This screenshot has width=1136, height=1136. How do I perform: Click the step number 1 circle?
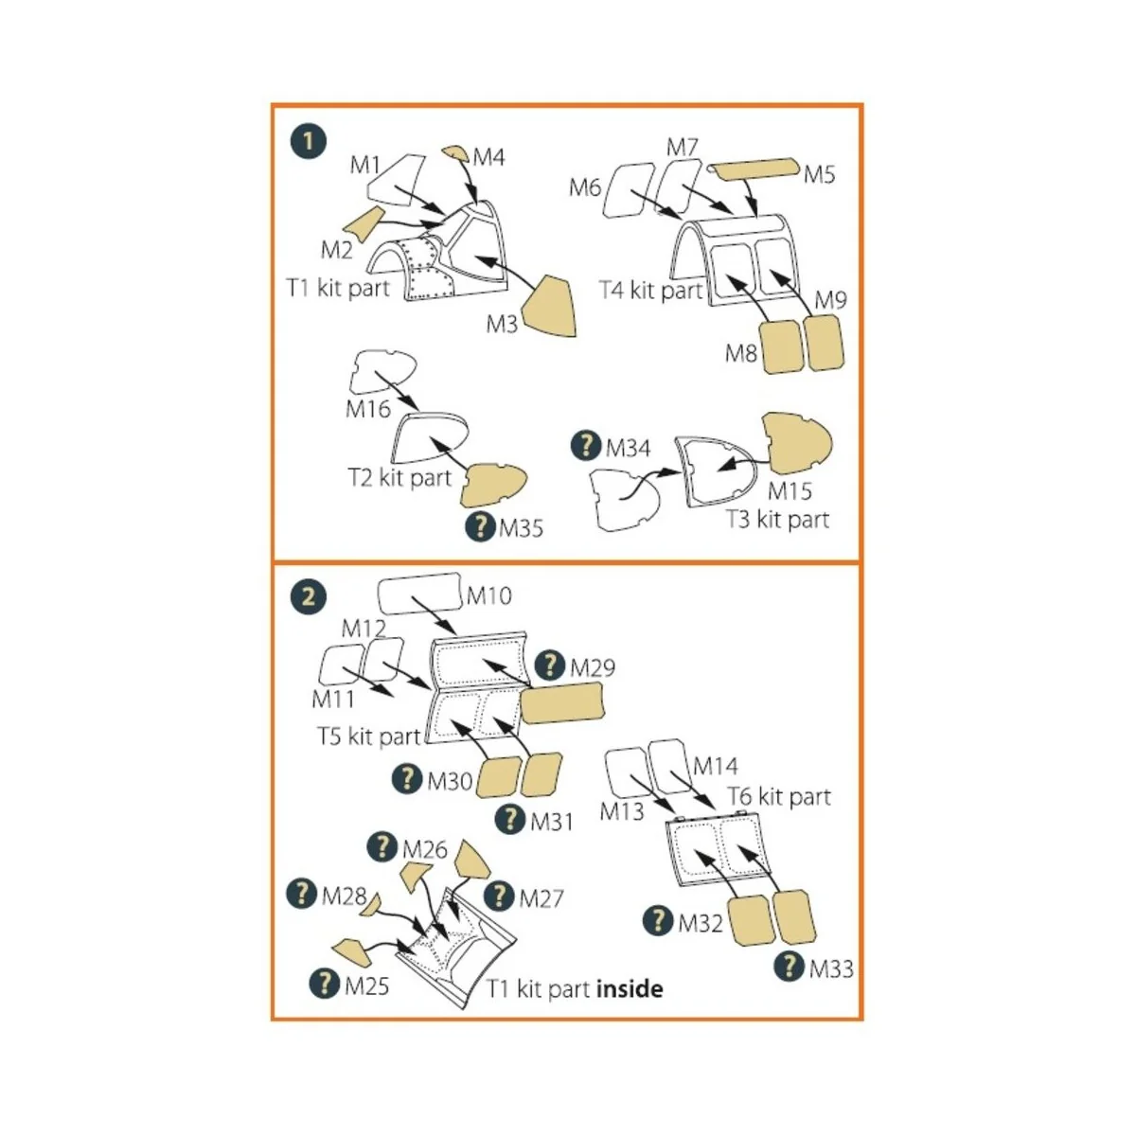[x=309, y=142]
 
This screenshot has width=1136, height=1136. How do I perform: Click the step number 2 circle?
[x=309, y=597]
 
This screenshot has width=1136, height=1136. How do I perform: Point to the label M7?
[x=682, y=148]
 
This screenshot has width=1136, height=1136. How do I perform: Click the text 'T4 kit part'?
[x=651, y=291]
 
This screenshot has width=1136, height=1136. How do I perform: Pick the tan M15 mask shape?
[x=796, y=445]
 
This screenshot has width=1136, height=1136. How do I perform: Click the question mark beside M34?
[x=587, y=445]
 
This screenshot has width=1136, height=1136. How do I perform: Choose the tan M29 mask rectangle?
[x=562, y=702]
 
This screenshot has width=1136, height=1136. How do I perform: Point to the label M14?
[x=716, y=766]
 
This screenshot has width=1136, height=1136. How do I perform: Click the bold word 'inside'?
[x=630, y=989]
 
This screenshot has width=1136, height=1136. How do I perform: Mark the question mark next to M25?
[x=325, y=984]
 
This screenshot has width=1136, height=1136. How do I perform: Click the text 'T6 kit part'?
[x=779, y=796]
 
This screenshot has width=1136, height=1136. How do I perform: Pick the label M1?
[x=365, y=165]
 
